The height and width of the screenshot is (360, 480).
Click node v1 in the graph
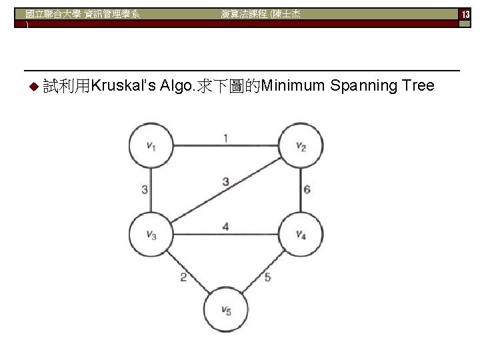click(x=151, y=146)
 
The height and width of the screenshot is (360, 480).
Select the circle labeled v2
click(x=301, y=146)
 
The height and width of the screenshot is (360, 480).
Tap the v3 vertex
click(x=151, y=233)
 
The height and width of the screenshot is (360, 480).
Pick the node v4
click(x=301, y=233)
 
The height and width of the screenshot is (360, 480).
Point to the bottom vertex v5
click(x=227, y=308)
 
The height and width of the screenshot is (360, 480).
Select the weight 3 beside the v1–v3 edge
click(x=145, y=190)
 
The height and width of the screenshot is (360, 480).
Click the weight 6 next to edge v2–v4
click(x=307, y=189)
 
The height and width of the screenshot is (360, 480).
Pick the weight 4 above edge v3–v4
click(x=225, y=227)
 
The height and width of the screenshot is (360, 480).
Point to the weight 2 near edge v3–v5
click(x=183, y=277)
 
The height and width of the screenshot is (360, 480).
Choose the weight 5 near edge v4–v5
click(x=268, y=277)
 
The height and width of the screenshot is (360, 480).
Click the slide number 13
click(x=465, y=14)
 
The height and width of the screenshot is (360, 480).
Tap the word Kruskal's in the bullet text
click(x=124, y=86)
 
